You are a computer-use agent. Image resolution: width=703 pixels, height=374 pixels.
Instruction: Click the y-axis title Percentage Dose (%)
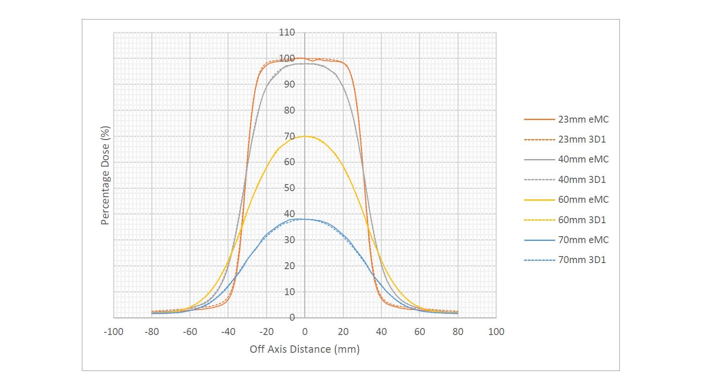pos(105,176)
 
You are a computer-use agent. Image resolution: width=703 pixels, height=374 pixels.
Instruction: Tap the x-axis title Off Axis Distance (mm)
pos(305,349)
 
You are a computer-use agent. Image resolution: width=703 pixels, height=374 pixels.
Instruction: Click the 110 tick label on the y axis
pos(287,33)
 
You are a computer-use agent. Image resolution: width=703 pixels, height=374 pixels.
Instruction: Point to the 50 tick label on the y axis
pos(289,188)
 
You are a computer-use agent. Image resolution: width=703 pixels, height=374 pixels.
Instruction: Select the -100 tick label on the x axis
pos(113,332)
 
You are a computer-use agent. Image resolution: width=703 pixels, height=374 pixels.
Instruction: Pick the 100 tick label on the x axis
pos(496,332)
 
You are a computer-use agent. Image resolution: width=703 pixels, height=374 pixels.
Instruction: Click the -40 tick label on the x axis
pos(228,332)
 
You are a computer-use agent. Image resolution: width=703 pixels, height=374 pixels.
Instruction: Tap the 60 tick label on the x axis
pos(419,332)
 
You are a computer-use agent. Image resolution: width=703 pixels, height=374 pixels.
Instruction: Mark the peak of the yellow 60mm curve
pos(305,136)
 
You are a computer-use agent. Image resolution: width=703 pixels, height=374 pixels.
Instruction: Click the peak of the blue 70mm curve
pos(303,219)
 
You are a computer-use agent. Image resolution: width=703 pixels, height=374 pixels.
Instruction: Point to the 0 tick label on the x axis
pos(305,332)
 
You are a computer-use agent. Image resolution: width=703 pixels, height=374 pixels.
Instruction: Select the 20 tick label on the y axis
pos(289,266)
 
